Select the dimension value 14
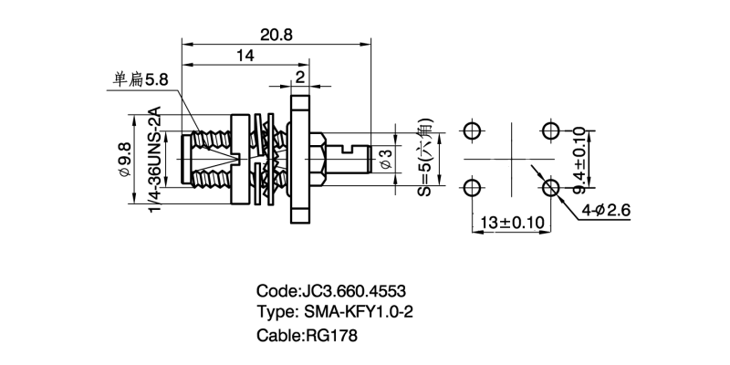click(x=244, y=57)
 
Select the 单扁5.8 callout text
click(x=141, y=80)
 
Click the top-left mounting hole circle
click(x=471, y=130)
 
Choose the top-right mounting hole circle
click(x=550, y=130)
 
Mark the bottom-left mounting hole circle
click(x=471, y=189)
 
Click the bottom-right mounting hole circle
click(x=550, y=189)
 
